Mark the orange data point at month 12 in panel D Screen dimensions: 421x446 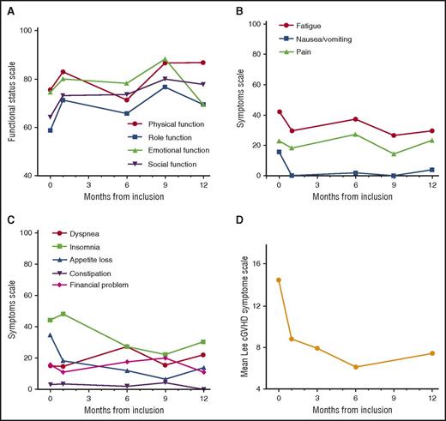[431, 353]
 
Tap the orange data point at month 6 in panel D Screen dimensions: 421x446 [355, 367]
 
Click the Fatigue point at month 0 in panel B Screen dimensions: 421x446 [279, 111]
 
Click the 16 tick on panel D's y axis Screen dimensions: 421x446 [259, 249]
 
